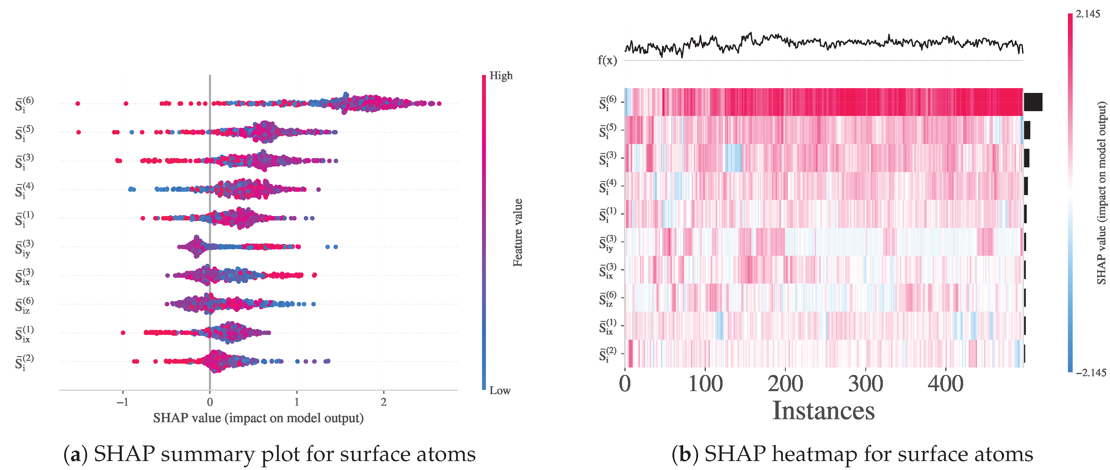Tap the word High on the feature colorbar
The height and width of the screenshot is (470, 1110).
[x=501, y=76]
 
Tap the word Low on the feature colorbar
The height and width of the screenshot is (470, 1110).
[x=500, y=391]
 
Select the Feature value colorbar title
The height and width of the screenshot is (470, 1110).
[x=518, y=232]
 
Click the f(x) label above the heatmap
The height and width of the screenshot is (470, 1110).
[x=607, y=60]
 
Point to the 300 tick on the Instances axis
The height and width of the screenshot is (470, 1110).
[x=865, y=384]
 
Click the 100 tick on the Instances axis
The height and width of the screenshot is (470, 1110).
[x=705, y=384]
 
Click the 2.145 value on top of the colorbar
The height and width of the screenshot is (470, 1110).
[x=1088, y=14]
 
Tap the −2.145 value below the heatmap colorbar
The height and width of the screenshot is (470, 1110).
[x=1090, y=373]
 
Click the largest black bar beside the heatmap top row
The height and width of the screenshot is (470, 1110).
[x=1033, y=102]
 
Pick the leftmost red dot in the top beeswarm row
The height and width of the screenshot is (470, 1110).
[x=78, y=103]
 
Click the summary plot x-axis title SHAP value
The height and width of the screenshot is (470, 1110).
[x=258, y=418]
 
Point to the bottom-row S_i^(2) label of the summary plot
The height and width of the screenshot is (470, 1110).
[x=24, y=362]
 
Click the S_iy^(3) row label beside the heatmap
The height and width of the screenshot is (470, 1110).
[x=607, y=243]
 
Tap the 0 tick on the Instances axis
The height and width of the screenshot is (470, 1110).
[x=625, y=384]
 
